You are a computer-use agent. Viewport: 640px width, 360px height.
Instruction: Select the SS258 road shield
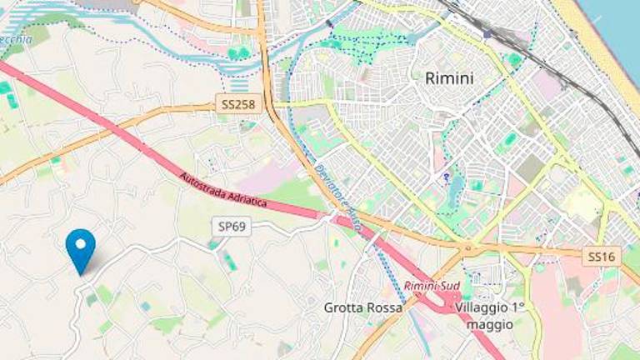click(x=239, y=105)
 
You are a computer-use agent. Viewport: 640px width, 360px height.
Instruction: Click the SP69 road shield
click(x=232, y=227)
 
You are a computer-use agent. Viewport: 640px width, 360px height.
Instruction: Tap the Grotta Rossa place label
click(x=362, y=307)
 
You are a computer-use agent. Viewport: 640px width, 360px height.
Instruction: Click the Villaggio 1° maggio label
click(x=491, y=315)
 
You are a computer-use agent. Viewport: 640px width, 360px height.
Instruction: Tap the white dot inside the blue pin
click(x=81, y=243)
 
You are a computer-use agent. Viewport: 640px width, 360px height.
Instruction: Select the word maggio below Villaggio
click(x=491, y=324)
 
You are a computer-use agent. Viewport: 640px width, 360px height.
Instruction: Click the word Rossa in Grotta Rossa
click(x=384, y=307)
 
